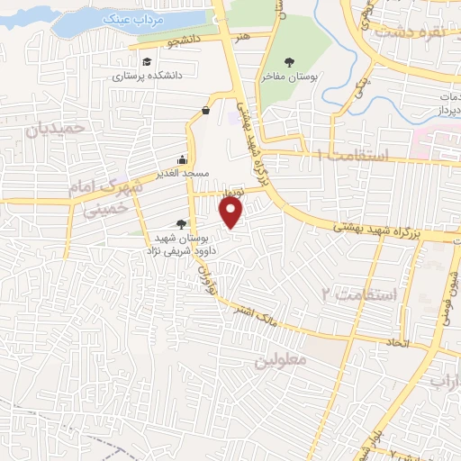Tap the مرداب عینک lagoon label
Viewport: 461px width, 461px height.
coord(117,18)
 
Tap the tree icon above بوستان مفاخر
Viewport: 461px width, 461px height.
coord(288,62)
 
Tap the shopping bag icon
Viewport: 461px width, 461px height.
coord(206,111)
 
